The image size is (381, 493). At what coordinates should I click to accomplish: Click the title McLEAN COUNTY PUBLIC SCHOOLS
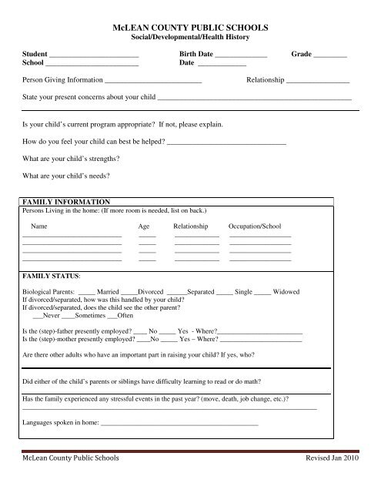[189, 27]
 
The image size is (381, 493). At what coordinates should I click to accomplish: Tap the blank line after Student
[93, 57]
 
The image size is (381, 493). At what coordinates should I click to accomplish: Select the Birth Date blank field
[241, 57]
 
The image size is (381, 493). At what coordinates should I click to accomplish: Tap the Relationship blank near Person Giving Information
[318, 81]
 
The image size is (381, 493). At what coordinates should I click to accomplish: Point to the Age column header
[144, 227]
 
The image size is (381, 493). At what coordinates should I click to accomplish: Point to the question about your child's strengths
[71, 159]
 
